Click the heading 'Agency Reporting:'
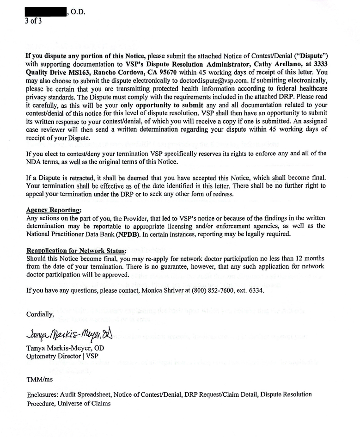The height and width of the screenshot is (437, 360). (x=54, y=209)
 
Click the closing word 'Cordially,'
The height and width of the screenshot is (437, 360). (x=40, y=315)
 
